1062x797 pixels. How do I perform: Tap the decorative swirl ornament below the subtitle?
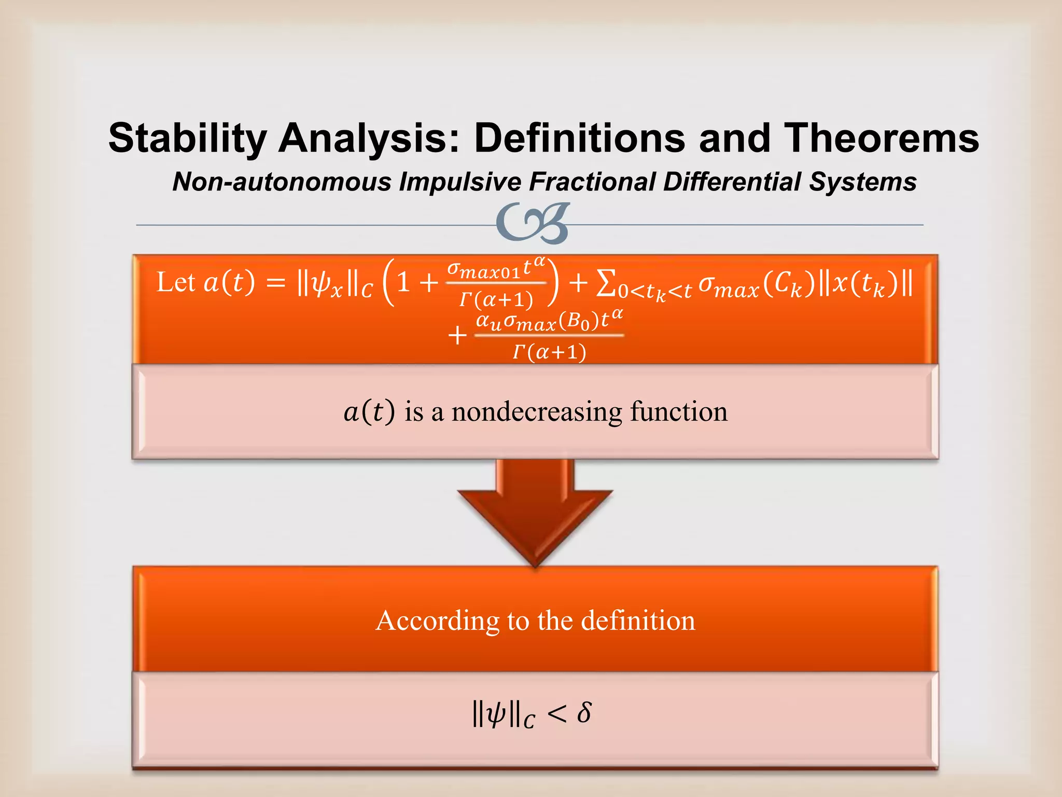point(533,223)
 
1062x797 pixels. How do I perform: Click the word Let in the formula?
point(176,283)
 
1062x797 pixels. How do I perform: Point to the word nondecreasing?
point(537,412)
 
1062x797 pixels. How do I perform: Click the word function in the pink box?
point(679,412)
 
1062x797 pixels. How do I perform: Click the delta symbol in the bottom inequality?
point(584,713)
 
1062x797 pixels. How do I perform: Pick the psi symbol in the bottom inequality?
point(496,714)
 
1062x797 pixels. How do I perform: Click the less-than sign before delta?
point(556,714)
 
